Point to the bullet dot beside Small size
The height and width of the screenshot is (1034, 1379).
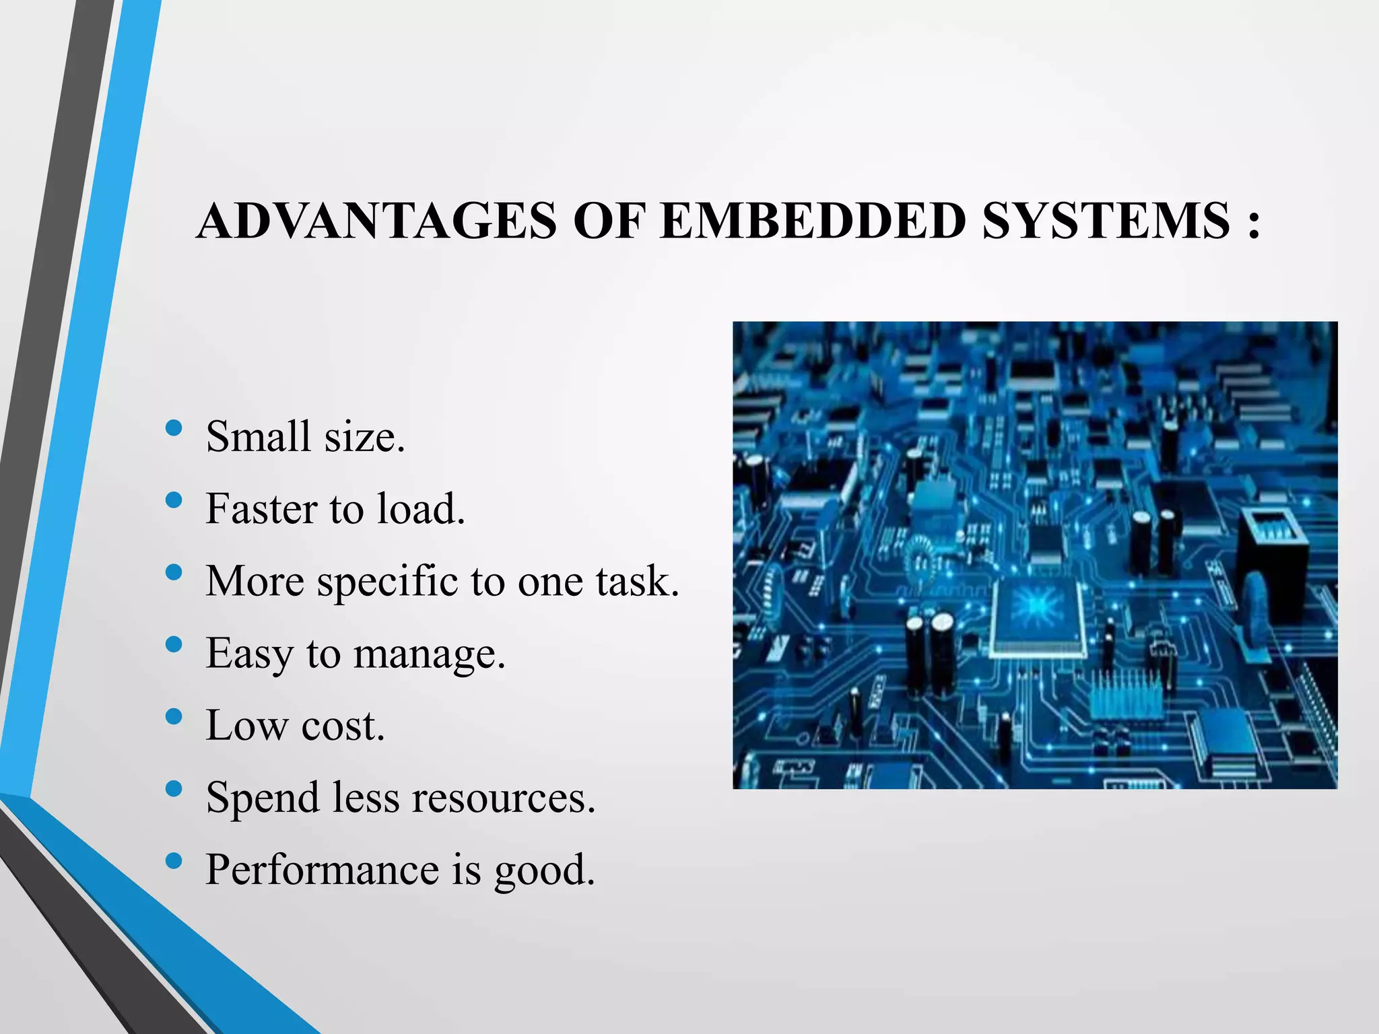174,427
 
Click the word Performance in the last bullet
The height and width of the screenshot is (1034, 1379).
322,870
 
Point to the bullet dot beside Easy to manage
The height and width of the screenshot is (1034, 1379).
174,644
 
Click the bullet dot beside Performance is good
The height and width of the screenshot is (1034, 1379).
174,861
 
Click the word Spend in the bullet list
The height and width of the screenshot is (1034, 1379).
262,799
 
